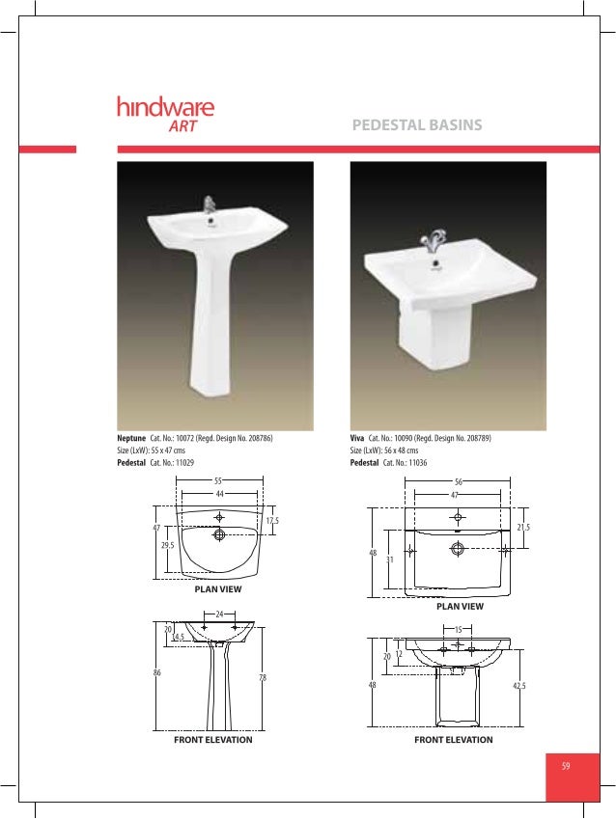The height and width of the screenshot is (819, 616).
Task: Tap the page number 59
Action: [x=566, y=766]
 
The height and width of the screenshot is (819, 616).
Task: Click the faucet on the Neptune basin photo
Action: [x=208, y=205]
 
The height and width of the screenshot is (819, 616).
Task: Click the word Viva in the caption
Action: [x=357, y=438]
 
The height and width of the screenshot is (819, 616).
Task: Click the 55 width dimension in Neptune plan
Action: [x=218, y=480]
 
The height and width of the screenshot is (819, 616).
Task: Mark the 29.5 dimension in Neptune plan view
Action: [x=167, y=545]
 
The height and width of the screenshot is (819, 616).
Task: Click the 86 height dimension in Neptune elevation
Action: [x=156, y=673]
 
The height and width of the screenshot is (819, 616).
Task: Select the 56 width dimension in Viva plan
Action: [x=457, y=479]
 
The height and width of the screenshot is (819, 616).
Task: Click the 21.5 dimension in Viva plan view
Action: [x=523, y=528]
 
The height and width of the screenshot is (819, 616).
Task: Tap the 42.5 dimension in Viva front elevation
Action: [x=521, y=686]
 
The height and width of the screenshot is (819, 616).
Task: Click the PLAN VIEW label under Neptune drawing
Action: [x=218, y=588]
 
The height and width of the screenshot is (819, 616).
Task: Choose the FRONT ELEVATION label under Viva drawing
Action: [x=453, y=740]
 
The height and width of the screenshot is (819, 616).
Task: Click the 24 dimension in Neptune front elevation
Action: [x=219, y=614]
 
